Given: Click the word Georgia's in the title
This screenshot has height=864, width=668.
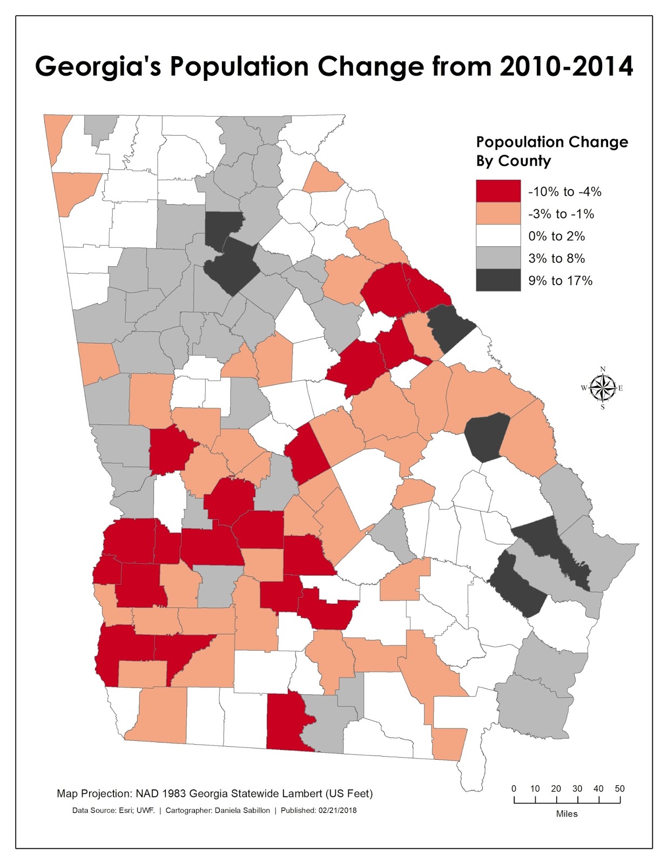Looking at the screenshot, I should pyautogui.click(x=98, y=66).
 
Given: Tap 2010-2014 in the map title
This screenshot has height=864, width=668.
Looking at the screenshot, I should pyautogui.click(x=566, y=66).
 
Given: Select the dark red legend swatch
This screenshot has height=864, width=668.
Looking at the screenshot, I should pyautogui.click(x=498, y=191).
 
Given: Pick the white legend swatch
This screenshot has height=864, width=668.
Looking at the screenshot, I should pyautogui.click(x=498, y=236).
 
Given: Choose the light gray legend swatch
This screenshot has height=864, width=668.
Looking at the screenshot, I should pyautogui.click(x=498, y=258).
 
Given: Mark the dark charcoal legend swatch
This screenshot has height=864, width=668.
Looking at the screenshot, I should pyautogui.click(x=498, y=280).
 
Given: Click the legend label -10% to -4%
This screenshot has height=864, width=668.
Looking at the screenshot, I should pyautogui.click(x=564, y=192).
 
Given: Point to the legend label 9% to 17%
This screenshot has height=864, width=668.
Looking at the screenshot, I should pyautogui.click(x=560, y=281).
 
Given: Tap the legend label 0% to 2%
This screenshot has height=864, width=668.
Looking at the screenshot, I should pyautogui.click(x=556, y=237).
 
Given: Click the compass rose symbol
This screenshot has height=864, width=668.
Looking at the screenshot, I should pyautogui.click(x=603, y=388).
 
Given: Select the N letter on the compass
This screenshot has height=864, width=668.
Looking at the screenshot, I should pyautogui.click(x=603, y=369).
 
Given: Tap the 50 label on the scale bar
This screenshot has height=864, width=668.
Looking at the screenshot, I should pyautogui.click(x=619, y=788).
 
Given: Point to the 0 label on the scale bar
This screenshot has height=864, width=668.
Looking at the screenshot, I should pyautogui.click(x=514, y=788).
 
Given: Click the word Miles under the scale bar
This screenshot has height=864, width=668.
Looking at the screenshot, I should pyautogui.click(x=566, y=814).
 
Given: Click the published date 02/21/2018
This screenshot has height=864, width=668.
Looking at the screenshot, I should pyautogui.click(x=338, y=811).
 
